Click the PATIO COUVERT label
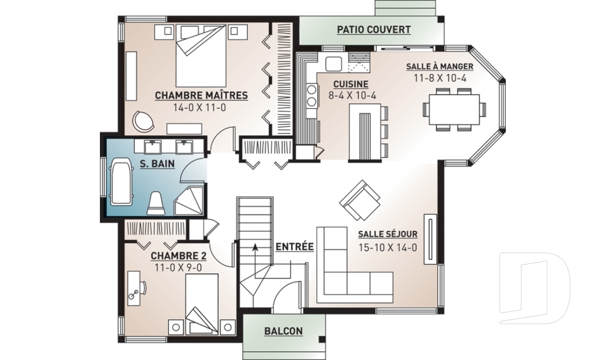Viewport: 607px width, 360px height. coord(374,30)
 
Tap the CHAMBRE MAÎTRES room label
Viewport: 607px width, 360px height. coord(201,96)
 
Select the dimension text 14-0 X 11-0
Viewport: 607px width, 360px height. coord(199,108)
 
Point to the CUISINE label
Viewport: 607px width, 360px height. coord(351,84)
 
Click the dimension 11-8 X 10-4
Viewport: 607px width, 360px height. coord(440,78)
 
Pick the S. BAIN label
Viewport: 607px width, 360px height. coord(157,164)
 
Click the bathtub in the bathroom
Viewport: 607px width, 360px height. coord(122,182)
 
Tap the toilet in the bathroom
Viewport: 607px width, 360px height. coord(157,204)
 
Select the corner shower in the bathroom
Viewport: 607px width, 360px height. coord(189,201)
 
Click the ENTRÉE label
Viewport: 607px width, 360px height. coord(295,247)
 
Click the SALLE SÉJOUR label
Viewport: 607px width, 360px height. coord(388,234)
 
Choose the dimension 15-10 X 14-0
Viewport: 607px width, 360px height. coord(388,247)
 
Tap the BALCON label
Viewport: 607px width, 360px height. coord(283,332)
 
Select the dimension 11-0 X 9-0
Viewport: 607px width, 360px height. coord(178,268)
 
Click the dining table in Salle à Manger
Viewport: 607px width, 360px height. coord(454,109)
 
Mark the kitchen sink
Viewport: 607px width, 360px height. coord(333,64)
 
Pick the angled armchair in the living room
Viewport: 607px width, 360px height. coord(360,200)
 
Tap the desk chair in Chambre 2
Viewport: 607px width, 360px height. coord(143,289)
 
